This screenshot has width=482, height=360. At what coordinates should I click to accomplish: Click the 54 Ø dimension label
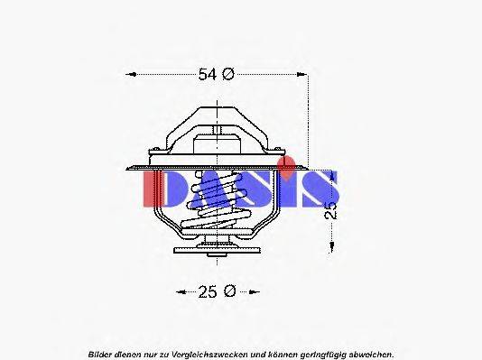tap(216, 75)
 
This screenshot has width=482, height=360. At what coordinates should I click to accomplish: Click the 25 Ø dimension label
tap(217, 291)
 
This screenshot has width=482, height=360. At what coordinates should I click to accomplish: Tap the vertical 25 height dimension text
tap(331, 209)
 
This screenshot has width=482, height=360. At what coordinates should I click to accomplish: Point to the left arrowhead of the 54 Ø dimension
tap(128, 75)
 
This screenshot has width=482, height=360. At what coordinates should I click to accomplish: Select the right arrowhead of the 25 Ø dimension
tap(255, 291)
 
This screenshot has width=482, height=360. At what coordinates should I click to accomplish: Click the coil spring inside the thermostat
tap(218, 207)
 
